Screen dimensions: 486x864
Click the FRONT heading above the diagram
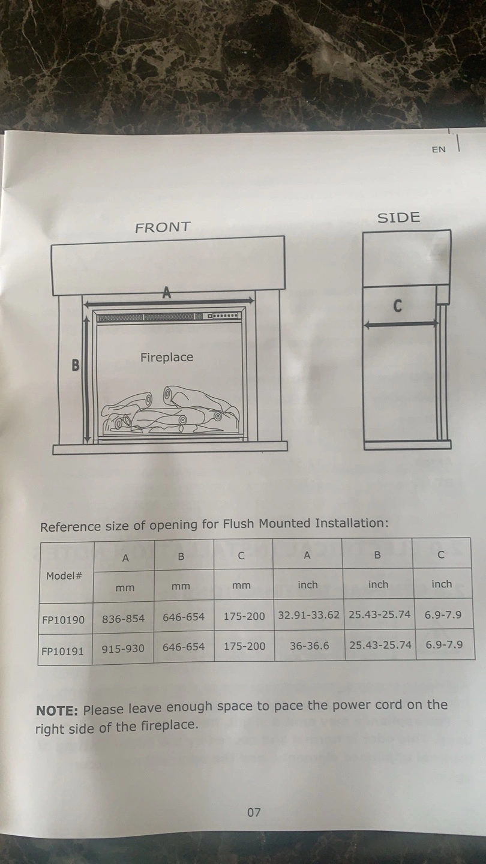coord(163,227)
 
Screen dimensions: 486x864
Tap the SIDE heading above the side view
coord(398,218)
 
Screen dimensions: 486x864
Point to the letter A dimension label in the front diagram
coord(166,293)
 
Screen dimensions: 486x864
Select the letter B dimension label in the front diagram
coord(76,365)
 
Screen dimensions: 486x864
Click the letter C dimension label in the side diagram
coord(397,306)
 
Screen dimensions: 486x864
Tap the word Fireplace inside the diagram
coord(167,357)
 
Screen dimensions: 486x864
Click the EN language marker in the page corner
coord(439,149)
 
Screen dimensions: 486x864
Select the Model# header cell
coord(64,576)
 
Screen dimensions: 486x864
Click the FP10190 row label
coord(63,620)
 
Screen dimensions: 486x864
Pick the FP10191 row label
coord(62,652)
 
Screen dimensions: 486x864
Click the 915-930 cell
coord(123,649)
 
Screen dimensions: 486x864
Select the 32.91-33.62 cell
coord(308,615)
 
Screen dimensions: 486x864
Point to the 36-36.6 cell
coord(310,646)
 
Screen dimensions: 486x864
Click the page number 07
coord(254,812)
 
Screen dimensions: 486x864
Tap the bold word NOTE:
coord(57,710)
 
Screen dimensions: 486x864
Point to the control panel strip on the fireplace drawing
coord(169,317)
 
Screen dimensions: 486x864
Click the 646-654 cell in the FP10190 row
coord(184,617)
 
